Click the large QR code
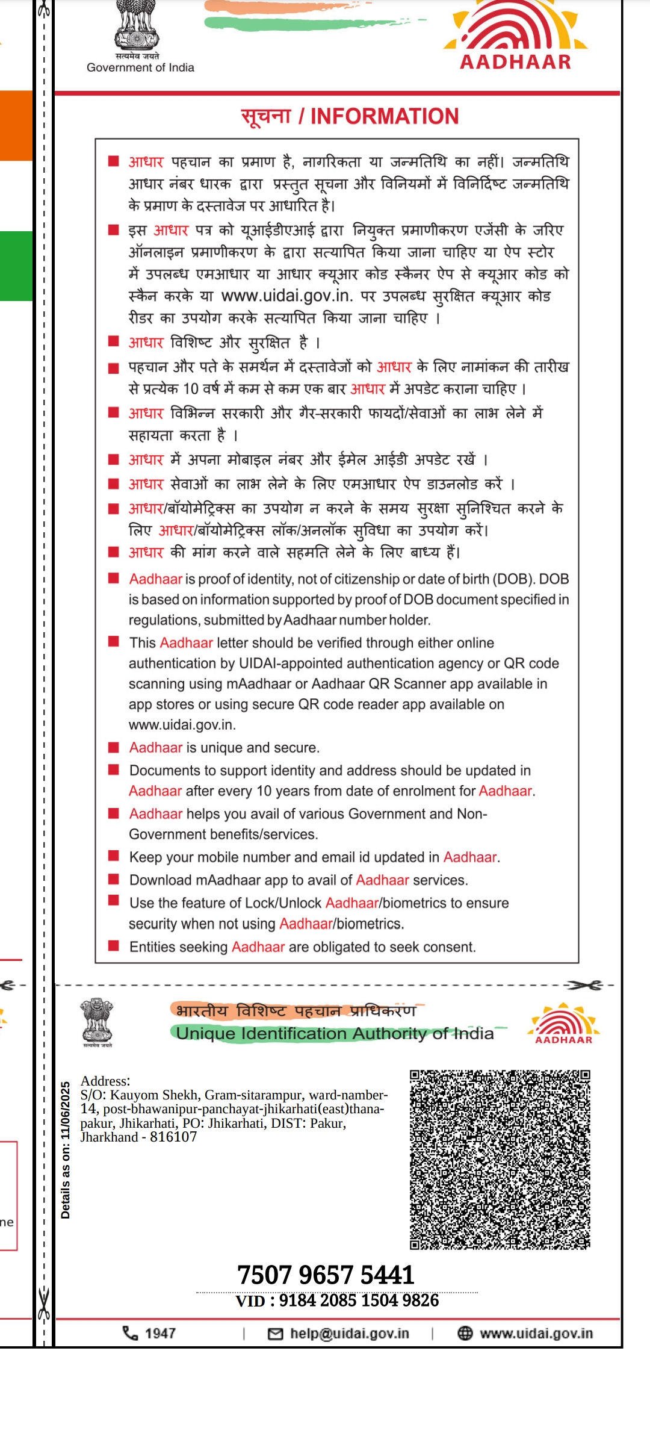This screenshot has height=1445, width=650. pyautogui.click(x=500, y=1160)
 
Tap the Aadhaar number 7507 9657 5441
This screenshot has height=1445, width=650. pyautogui.click(x=326, y=1275)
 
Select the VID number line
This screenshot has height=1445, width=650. pyautogui.click(x=337, y=1300)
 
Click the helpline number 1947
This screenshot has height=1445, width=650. pyautogui.click(x=160, y=1334)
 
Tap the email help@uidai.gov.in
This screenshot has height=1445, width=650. pyautogui.click(x=349, y=1334)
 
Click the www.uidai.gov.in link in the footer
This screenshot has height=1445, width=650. pyautogui.click(x=536, y=1334)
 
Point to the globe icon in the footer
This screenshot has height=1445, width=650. pyautogui.click(x=465, y=1334)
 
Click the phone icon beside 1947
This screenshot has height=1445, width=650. pyautogui.click(x=130, y=1333)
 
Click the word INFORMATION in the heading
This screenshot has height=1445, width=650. pyautogui.click(x=385, y=116)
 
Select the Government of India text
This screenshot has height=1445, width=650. pyautogui.click(x=140, y=67)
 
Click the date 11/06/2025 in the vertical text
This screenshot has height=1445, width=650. pyautogui.click(x=66, y=1111)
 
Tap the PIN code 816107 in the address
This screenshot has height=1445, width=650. pyautogui.click(x=173, y=1137)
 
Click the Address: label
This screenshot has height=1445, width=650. pyautogui.click(x=105, y=1081)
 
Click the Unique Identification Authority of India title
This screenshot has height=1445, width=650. pyautogui.click(x=335, y=1034)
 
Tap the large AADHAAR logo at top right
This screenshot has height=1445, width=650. pyautogui.click(x=516, y=36)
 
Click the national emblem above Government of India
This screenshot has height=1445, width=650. pyautogui.click(x=137, y=25)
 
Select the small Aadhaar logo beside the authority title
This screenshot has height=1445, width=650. pyautogui.click(x=564, y=1024)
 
